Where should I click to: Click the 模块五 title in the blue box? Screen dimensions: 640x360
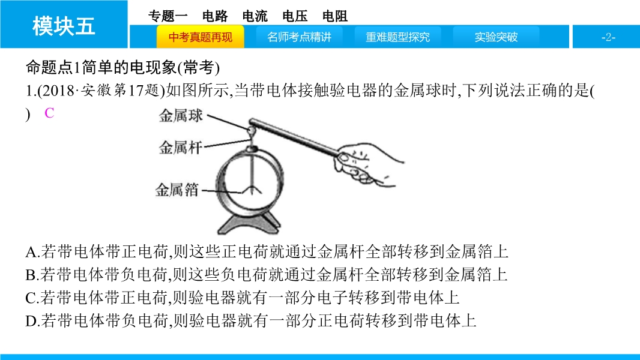coord(64,26)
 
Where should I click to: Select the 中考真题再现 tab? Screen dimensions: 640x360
coord(201,37)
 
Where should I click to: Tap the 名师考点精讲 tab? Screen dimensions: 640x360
coord(299,37)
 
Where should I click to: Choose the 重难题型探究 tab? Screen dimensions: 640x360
coord(397,37)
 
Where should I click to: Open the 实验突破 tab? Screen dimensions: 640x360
coord(496,37)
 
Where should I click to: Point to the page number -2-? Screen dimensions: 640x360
coord(608,38)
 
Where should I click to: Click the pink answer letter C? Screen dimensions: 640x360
coord(49,113)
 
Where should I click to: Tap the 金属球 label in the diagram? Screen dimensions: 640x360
coord(181,115)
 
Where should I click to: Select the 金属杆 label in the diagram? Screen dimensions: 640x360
coord(181,147)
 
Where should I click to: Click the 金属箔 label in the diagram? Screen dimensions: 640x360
coord(177,190)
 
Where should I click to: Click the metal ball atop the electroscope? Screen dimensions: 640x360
coord(251,130)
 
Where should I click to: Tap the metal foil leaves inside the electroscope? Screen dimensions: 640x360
coord(252,189)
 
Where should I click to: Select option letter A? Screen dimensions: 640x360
coord(32,252)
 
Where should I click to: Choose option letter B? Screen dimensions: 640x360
coord(32,275)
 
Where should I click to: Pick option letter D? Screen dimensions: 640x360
coord(32,321)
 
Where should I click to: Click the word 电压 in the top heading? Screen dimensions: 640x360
coord(295,16)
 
